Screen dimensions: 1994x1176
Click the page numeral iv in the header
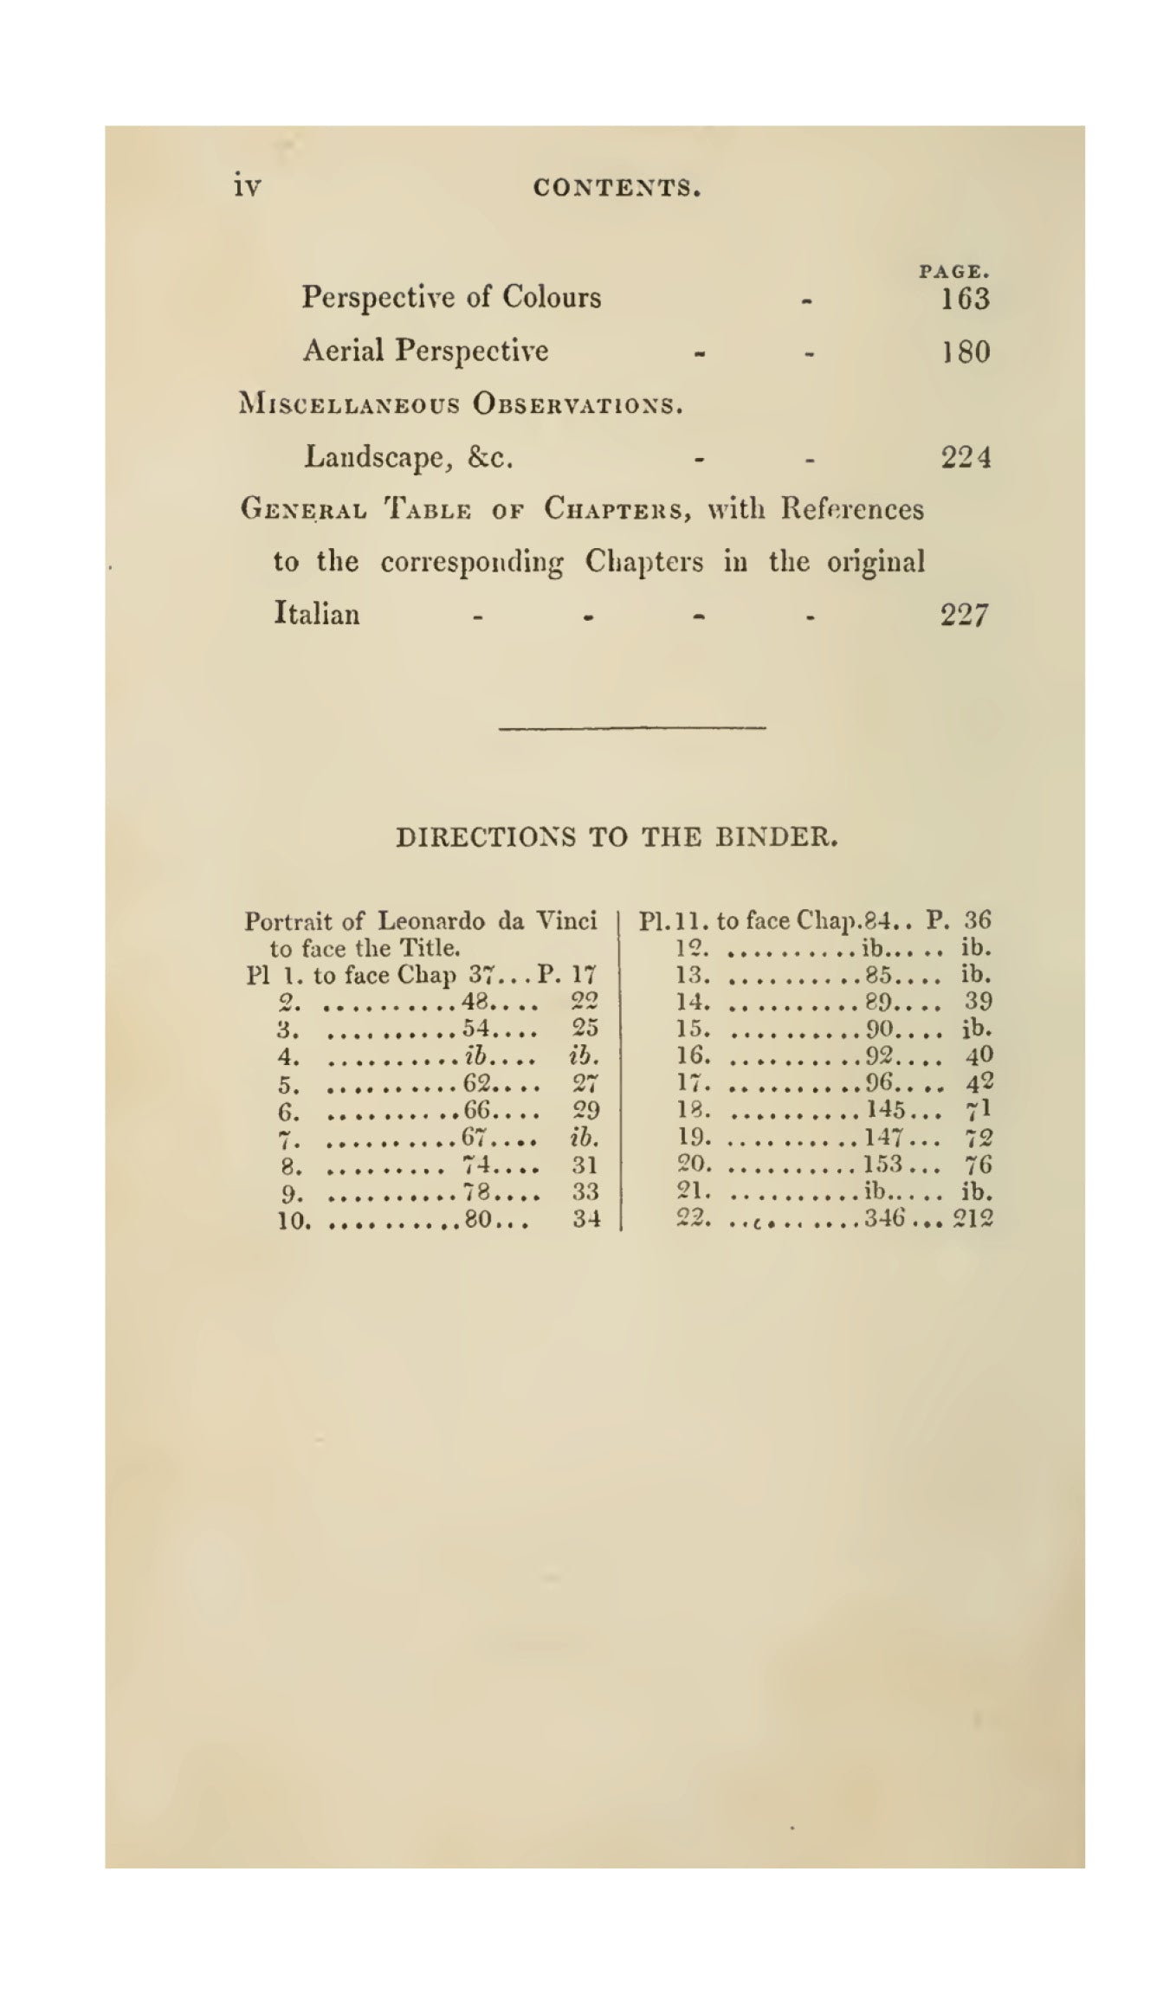[x=247, y=186]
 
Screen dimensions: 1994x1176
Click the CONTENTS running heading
[x=616, y=187]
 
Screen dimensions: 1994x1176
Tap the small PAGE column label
[x=954, y=272]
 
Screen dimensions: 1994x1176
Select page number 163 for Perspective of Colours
[x=965, y=300]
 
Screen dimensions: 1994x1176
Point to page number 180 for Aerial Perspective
[x=966, y=352]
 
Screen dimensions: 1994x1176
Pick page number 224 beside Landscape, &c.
[x=966, y=457]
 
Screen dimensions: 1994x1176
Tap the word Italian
[x=316, y=614]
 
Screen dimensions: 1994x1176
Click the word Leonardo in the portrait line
[x=431, y=920]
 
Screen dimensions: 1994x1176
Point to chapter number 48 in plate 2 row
[x=477, y=1002]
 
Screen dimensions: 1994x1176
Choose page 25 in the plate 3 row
[x=585, y=1029]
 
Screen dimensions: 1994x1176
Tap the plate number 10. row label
[x=294, y=1222]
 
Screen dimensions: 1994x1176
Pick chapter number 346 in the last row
[x=884, y=1219]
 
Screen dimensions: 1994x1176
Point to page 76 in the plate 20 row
[x=979, y=1165]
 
